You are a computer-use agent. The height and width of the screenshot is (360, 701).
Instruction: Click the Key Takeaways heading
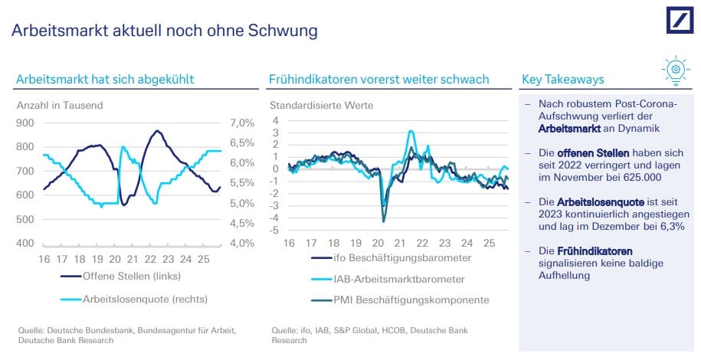[x=562, y=79]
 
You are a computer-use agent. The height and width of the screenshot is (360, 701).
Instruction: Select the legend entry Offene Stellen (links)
[x=131, y=277]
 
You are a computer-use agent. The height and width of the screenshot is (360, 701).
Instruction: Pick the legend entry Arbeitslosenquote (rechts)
[x=146, y=299]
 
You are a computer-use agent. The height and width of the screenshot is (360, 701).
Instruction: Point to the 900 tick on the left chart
[x=25, y=123]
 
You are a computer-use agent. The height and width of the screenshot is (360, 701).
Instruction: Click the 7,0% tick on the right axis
[x=241, y=123]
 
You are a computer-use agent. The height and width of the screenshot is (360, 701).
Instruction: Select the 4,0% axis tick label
[x=241, y=244]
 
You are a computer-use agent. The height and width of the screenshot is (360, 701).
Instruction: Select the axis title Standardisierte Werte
[x=321, y=105]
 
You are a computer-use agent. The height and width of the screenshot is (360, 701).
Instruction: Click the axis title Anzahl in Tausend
[x=60, y=105]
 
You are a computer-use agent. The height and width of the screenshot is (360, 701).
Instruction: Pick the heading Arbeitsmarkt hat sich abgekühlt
[x=105, y=79]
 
